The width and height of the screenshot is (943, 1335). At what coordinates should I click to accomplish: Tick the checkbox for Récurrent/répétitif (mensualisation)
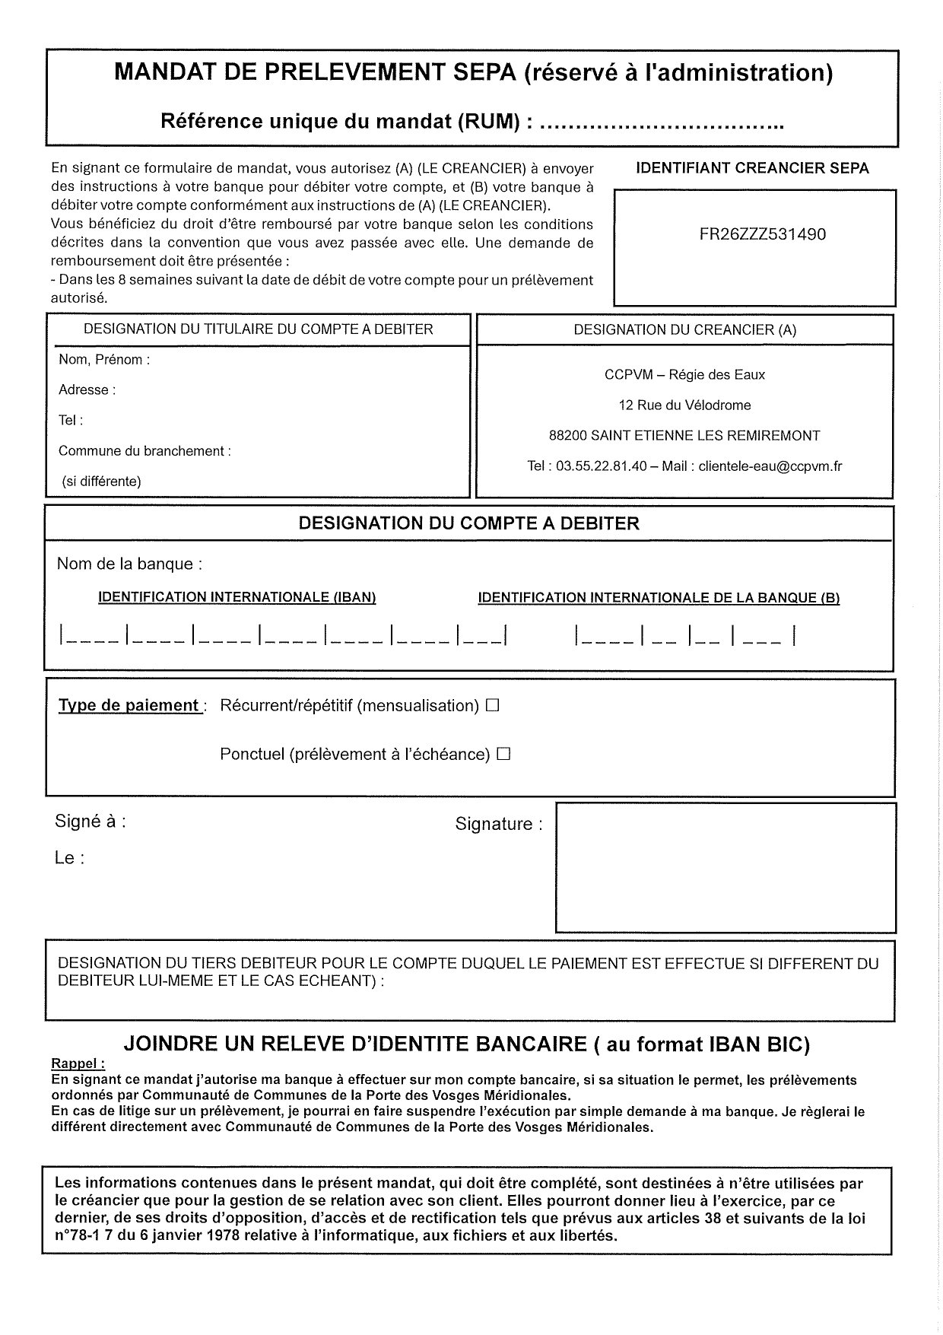tap(492, 705)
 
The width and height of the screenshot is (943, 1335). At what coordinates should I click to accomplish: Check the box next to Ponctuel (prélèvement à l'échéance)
tap(503, 754)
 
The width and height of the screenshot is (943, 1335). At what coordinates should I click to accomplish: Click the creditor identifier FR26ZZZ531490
tap(762, 234)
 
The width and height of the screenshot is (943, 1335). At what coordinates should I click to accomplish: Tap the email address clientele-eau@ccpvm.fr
tap(770, 466)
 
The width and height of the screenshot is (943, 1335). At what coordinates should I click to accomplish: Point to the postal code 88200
tap(567, 436)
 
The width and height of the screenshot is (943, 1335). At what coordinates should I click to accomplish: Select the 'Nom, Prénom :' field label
tap(104, 360)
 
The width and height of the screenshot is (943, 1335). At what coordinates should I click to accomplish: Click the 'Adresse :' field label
tap(87, 390)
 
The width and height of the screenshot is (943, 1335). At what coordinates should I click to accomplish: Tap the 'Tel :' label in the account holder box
tap(71, 420)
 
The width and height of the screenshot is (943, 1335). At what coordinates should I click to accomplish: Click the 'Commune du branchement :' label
tap(144, 451)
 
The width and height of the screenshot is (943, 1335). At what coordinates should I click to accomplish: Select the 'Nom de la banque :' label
tap(129, 564)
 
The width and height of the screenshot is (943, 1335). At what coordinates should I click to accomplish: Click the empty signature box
tap(726, 867)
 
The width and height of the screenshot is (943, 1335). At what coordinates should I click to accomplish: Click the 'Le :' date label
tap(69, 858)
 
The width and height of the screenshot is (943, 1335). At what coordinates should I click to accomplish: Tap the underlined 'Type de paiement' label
tap(129, 705)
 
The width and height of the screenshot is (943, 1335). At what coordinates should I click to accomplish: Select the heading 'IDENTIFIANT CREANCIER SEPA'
tap(751, 168)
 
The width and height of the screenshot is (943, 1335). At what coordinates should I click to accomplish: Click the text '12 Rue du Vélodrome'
tap(684, 405)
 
